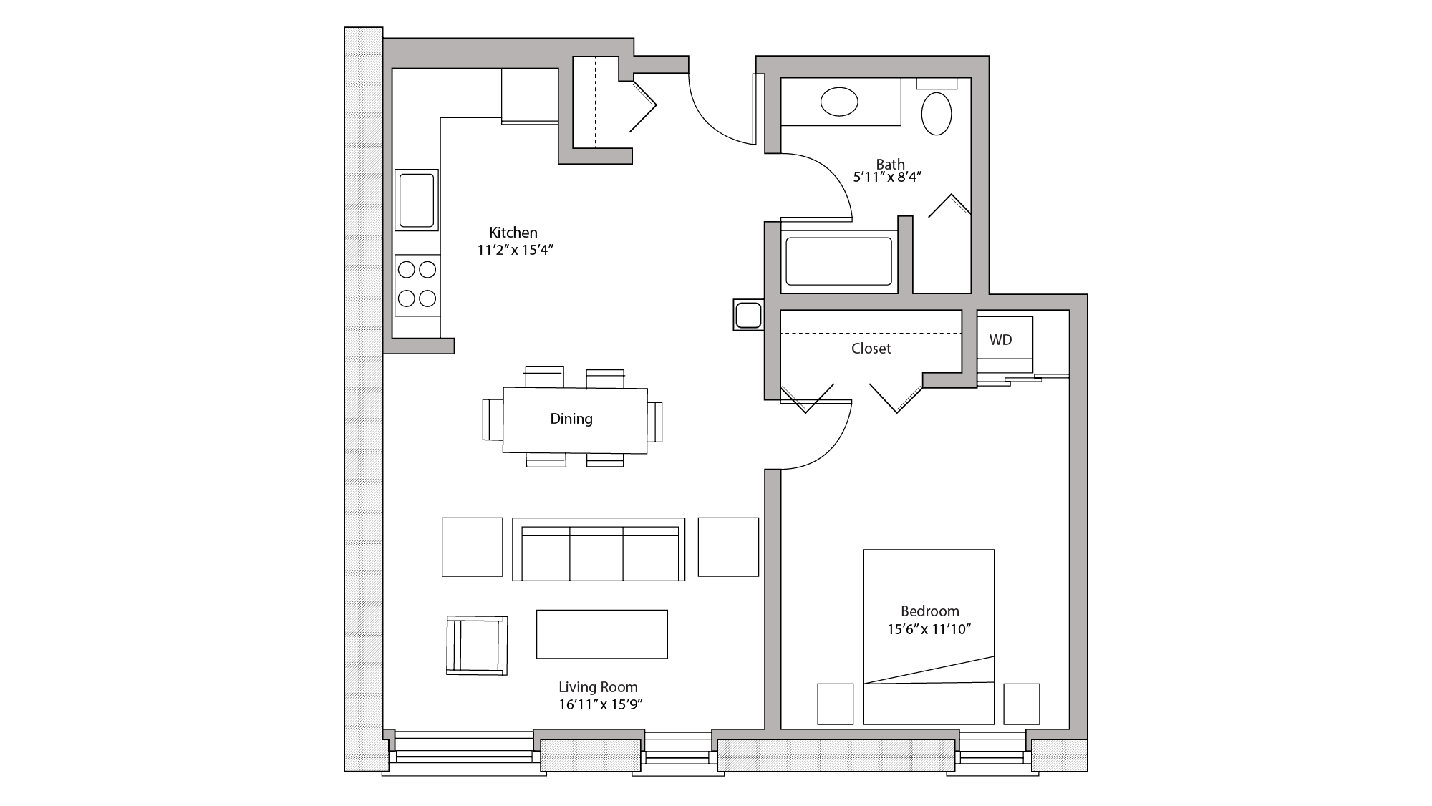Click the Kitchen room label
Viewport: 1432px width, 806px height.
coord(513,233)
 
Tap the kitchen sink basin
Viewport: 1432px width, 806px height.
coord(417,200)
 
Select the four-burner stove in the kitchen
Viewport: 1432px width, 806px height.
coord(417,284)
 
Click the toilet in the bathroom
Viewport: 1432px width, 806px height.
coord(936,112)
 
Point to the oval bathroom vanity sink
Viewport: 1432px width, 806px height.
coord(839,102)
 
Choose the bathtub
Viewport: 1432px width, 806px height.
coord(838,261)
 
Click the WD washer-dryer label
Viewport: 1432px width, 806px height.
coord(1000,340)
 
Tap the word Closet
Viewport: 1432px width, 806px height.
coord(871,349)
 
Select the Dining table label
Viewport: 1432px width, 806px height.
coord(571,419)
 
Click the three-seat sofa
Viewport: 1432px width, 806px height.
coord(599,551)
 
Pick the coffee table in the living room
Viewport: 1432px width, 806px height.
coord(601,633)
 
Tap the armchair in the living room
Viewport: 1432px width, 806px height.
coord(477,645)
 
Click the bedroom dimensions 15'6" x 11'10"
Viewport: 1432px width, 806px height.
coord(929,630)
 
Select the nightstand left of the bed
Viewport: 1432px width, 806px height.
coord(835,704)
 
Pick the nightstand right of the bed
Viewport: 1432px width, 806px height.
coord(1021,704)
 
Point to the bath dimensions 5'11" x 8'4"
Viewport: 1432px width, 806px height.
coord(886,177)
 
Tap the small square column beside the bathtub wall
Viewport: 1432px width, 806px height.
coord(748,315)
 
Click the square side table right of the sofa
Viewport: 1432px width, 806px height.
coord(728,547)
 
